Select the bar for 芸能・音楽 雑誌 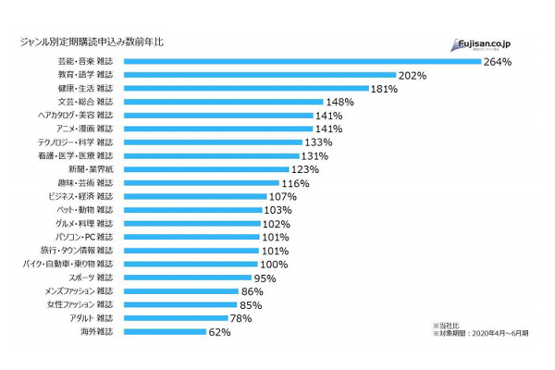302,62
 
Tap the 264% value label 497,62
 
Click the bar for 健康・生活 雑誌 244,89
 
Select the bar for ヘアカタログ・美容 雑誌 216,116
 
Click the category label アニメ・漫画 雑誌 84,129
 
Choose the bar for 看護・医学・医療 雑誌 212,156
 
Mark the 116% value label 294,183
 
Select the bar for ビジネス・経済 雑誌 194,196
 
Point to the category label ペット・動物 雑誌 84,210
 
